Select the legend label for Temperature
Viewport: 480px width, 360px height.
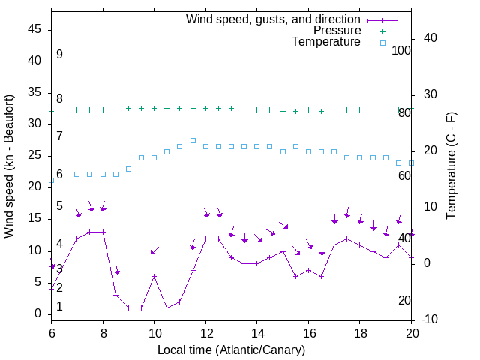[x=326, y=42]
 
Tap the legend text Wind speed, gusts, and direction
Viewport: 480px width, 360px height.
[x=274, y=19]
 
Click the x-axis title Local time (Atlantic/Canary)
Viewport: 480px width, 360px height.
[x=232, y=350]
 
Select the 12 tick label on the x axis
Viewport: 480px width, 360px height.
[x=205, y=331]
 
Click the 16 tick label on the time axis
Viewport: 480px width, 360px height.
[x=308, y=331]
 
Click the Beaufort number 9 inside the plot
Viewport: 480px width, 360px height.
[x=59, y=55]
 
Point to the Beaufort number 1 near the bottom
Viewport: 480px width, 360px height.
[x=59, y=307]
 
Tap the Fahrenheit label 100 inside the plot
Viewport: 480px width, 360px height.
[x=401, y=51]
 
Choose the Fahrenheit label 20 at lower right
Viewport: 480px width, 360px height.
[x=404, y=301]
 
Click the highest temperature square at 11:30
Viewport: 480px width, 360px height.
[x=193, y=140]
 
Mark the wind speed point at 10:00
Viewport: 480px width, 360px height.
[x=154, y=276]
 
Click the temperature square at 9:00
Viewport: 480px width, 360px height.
[x=128, y=169]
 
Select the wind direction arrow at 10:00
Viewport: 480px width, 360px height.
[x=154, y=250]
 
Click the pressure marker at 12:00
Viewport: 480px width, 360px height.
[x=205, y=108]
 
